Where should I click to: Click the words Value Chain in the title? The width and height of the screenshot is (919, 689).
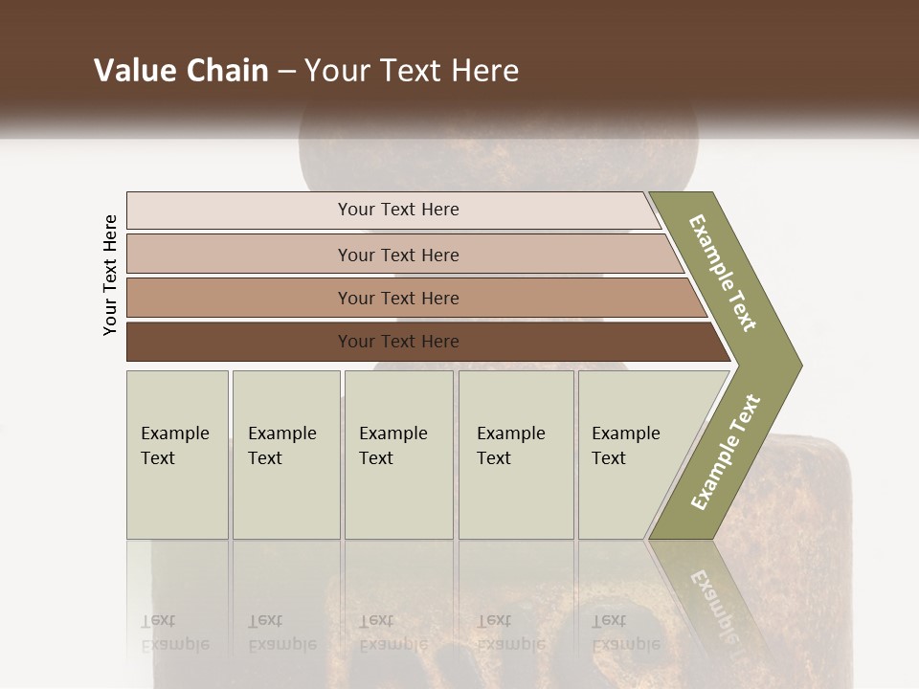tap(181, 71)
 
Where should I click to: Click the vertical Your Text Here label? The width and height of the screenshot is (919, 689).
tap(110, 275)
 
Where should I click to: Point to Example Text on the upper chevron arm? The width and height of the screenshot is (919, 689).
tap(723, 273)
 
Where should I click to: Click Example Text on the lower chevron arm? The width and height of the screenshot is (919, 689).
tap(725, 453)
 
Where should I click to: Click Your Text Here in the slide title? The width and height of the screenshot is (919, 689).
tap(412, 71)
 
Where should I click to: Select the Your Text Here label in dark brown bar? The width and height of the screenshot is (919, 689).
tap(398, 342)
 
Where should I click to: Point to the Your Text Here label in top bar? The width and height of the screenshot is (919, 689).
tap(398, 210)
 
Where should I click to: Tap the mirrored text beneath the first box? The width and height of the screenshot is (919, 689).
tap(174, 633)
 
